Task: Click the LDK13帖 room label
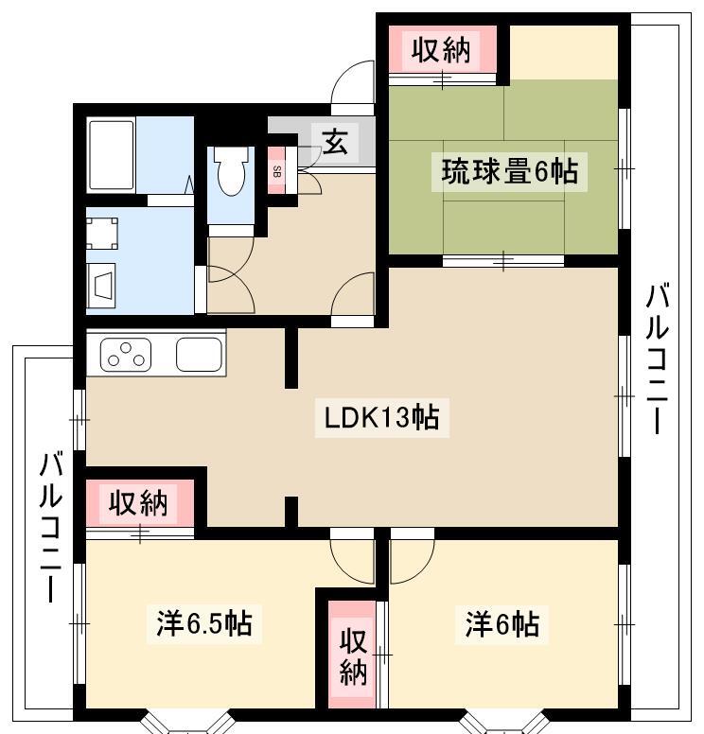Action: [381, 417]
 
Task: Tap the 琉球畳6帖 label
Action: [510, 172]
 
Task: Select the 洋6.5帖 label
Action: [204, 623]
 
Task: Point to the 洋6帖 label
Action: [502, 624]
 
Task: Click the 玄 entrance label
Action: [335, 141]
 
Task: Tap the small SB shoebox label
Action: [276, 172]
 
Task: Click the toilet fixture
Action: [231, 171]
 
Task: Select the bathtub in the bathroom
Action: [112, 155]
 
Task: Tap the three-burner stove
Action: [126, 355]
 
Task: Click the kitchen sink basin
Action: [199, 355]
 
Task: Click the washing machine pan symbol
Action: [101, 233]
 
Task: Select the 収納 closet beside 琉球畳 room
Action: [441, 50]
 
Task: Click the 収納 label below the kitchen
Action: [138, 503]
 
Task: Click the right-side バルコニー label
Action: [657, 358]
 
